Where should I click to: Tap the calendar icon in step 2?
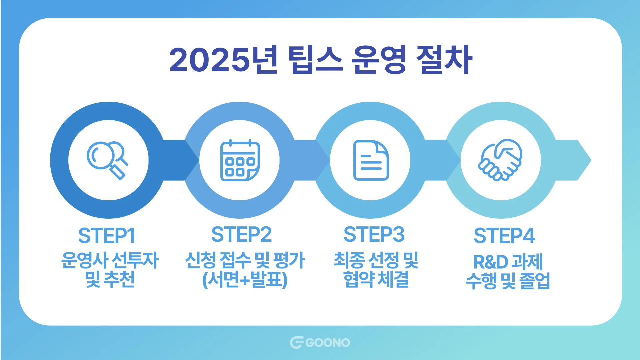(x=240, y=161)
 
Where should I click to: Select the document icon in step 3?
(x=371, y=160)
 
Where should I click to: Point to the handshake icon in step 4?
(x=501, y=160)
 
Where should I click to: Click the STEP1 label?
(x=107, y=236)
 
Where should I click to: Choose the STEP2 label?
(x=241, y=234)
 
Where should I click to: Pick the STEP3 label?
(x=374, y=234)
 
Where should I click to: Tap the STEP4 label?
(x=504, y=236)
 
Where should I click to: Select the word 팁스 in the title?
(x=315, y=60)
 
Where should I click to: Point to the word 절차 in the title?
(x=444, y=60)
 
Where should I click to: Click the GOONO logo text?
(x=327, y=343)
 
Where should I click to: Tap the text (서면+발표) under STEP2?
(x=245, y=280)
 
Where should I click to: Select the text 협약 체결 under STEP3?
(x=376, y=279)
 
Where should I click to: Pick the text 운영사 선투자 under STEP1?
(x=110, y=260)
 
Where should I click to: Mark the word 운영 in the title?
(x=379, y=60)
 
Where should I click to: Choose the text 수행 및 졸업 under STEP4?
(x=508, y=281)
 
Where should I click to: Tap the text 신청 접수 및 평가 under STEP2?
(x=245, y=260)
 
